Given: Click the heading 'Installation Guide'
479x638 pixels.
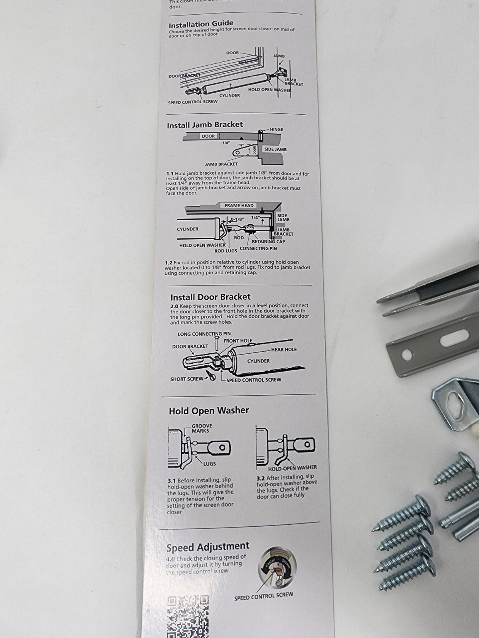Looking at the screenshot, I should pyautogui.click(x=201, y=24).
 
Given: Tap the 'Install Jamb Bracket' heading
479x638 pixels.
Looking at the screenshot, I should pyautogui.click(x=204, y=125).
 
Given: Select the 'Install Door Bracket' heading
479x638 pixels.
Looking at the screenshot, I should pyautogui.click(x=210, y=297).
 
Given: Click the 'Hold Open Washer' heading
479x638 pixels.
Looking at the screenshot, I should pyautogui.click(x=209, y=410).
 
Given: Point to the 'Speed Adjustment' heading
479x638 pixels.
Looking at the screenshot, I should pyautogui.click(x=208, y=547).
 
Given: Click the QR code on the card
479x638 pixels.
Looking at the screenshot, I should pyautogui.click(x=188, y=616).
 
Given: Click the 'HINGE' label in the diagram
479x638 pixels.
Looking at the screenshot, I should pyautogui.click(x=276, y=130).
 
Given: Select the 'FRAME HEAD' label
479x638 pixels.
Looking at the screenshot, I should pyautogui.click(x=239, y=206).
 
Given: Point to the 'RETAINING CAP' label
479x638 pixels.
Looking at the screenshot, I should pyautogui.click(x=268, y=241).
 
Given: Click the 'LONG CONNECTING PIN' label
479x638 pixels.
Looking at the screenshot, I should pyautogui.click(x=204, y=334).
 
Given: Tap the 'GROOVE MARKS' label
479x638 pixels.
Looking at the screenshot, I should pyautogui.click(x=202, y=428).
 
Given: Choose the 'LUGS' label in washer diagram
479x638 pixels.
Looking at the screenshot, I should pyautogui.click(x=209, y=464).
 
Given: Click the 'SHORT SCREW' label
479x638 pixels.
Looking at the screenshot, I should pyautogui.click(x=187, y=379).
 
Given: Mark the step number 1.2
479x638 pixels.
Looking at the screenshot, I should pyautogui.click(x=169, y=263).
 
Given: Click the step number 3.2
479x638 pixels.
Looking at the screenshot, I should pyautogui.click(x=260, y=477).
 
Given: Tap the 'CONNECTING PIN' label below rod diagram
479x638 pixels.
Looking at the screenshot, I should pyautogui.click(x=258, y=248).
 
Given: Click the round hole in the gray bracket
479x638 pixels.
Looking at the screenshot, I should pyautogui.click(x=407, y=353).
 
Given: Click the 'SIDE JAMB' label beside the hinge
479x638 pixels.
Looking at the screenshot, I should pyautogui.click(x=275, y=149).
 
